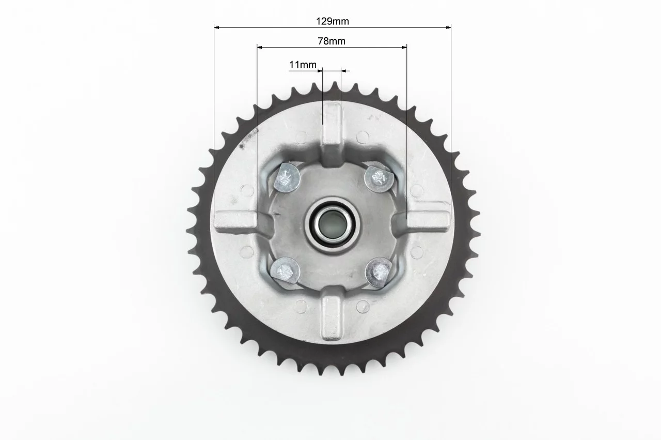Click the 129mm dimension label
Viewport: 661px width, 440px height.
coord(332,21)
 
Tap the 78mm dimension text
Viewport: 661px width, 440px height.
coord(332,41)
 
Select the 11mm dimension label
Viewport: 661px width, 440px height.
coord(303,65)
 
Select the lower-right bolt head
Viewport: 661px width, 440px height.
coord(379,272)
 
